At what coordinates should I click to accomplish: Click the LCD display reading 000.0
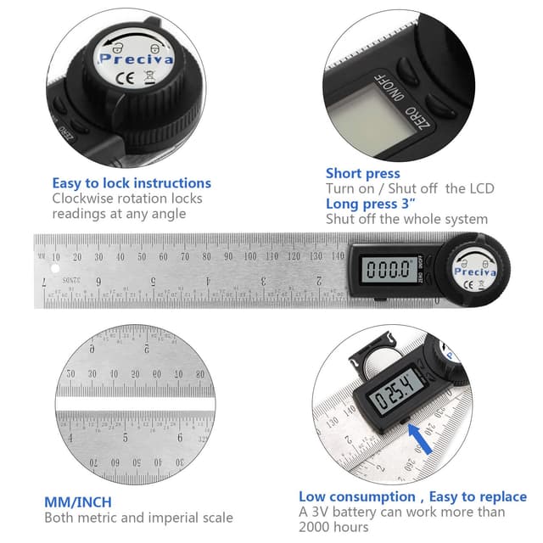click(x=384, y=271)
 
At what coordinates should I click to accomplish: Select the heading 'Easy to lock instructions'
click(x=132, y=182)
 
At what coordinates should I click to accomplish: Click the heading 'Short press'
click(x=362, y=173)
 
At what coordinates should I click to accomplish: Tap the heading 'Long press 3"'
click(x=370, y=204)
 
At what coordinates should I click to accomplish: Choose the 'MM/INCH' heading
click(x=77, y=502)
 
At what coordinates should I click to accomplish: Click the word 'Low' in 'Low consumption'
click(x=313, y=496)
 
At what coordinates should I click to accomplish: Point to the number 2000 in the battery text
click(x=315, y=527)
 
